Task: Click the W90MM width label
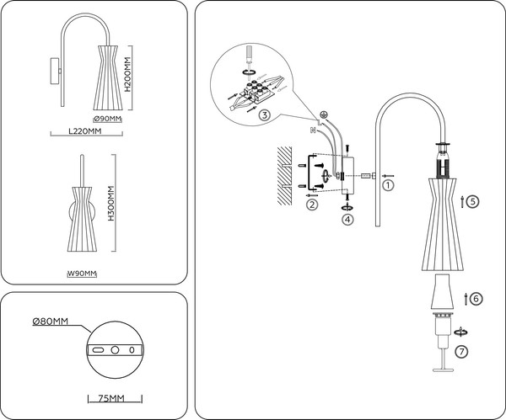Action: (82, 274)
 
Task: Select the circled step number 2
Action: (313, 205)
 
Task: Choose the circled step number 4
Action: (347, 220)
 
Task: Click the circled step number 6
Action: (476, 299)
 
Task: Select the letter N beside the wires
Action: (313, 130)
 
